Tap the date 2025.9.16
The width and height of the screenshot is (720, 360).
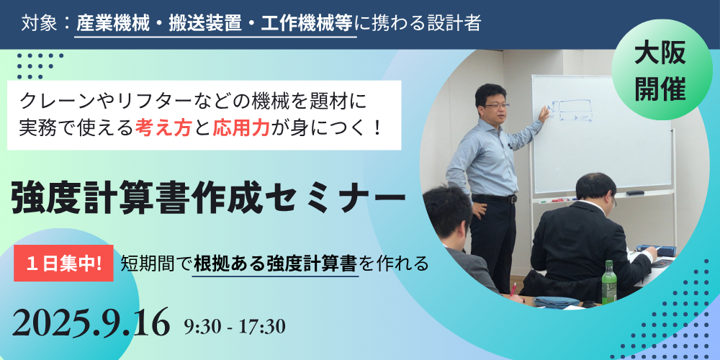click(91, 323)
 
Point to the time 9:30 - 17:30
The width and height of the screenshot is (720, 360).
click(235, 326)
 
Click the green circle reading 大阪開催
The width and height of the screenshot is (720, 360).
click(660, 70)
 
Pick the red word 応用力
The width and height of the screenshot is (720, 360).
click(240, 129)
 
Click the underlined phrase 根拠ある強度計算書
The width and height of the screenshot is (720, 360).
click(276, 264)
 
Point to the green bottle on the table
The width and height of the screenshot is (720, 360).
click(609, 282)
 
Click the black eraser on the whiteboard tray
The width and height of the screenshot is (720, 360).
click(634, 193)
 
